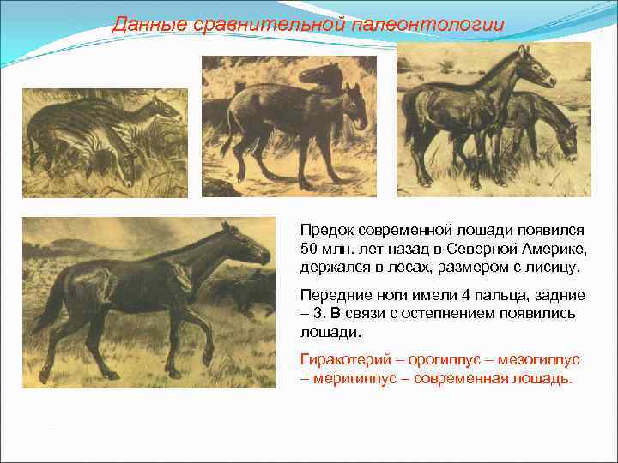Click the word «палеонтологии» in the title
[427, 24]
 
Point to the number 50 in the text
[309, 249]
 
